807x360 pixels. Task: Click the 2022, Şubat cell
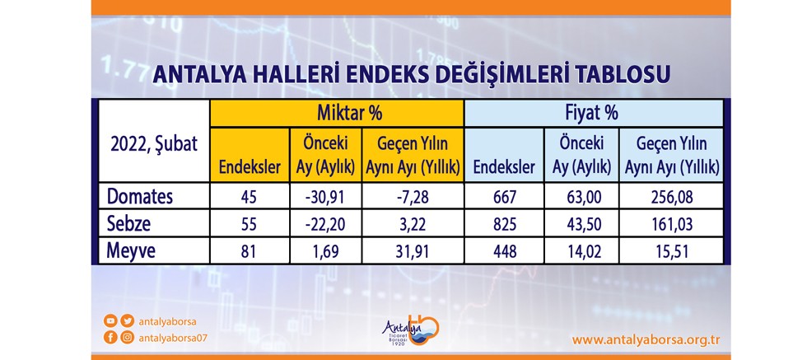click(x=154, y=144)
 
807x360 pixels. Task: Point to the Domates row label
click(x=140, y=196)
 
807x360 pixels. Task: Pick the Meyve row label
click(x=131, y=250)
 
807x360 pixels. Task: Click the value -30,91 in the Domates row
click(x=326, y=197)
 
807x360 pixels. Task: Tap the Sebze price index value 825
click(x=504, y=225)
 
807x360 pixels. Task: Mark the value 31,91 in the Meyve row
click(x=413, y=251)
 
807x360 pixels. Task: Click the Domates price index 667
click(x=504, y=197)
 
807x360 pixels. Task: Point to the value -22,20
click(x=326, y=225)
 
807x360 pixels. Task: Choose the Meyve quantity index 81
click(x=250, y=251)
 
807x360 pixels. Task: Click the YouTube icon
click(x=110, y=321)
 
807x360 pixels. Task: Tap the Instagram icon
click(x=127, y=338)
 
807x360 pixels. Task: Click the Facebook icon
click(x=110, y=338)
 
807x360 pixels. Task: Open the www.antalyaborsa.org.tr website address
click(x=646, y=340)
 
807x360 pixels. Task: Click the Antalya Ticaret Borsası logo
click(x=410, y=332)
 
